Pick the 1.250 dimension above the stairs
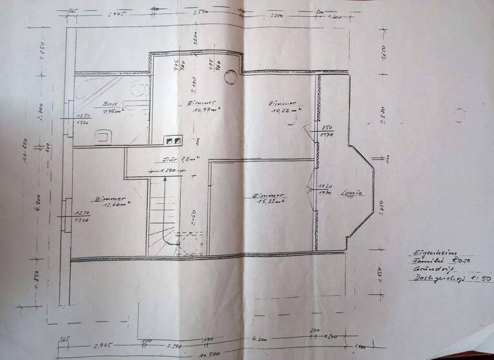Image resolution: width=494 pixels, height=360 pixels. pos(167,171)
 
